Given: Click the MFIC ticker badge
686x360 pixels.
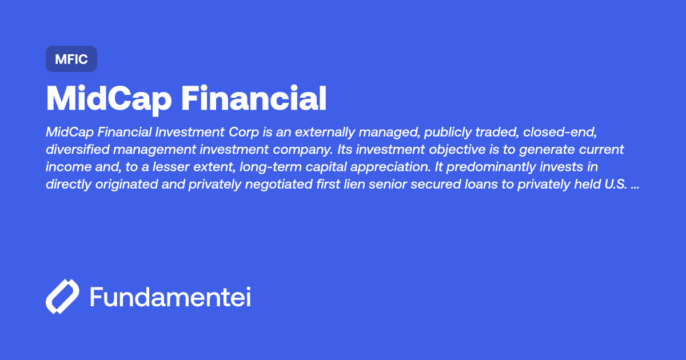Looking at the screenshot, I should pyautogui.click(x=71, y=59).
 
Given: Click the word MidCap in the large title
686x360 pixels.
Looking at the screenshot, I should pyautogui.click(x=108, y=99).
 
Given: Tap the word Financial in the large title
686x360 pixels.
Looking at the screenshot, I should pyautogui.click(x=254, y=99).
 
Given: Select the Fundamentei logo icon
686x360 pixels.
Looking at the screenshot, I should pyautogui.click(x=62, y=297).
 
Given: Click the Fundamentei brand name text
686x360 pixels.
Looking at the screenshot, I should pyautogui.click(x=170, y=297).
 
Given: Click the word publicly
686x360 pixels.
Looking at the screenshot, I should pyautogui.click(x=432, y=133).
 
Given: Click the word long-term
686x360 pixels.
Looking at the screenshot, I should pyautogui.click(x=268, y=168).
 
